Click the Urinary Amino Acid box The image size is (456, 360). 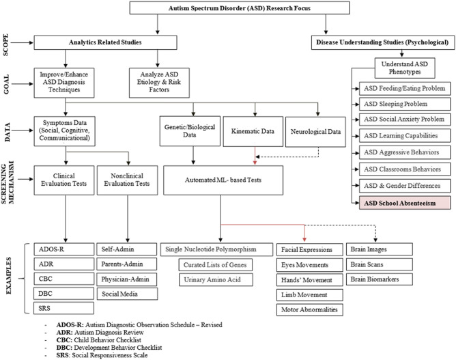(213, 280)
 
